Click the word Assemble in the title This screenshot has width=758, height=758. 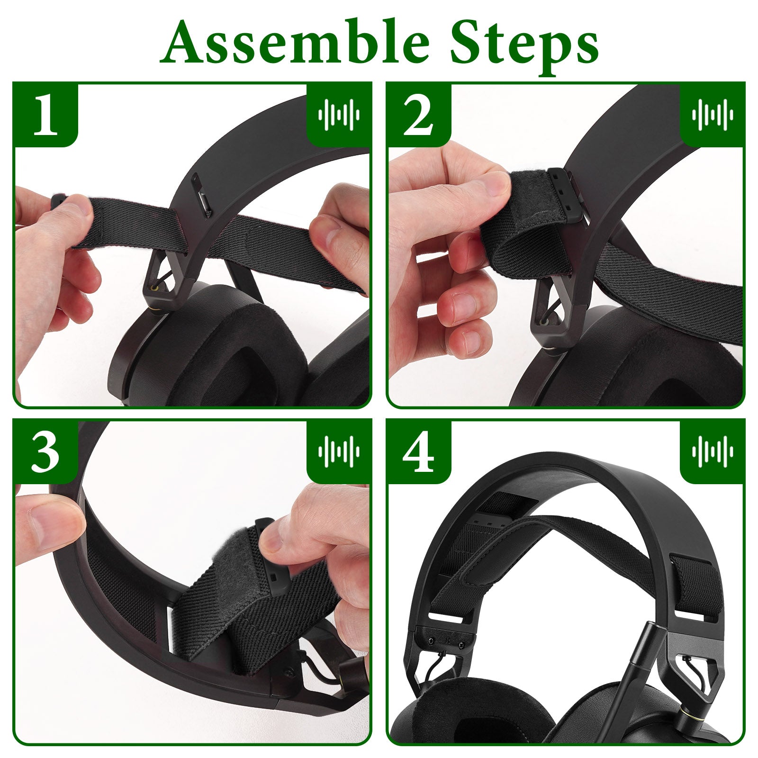click(295, 43)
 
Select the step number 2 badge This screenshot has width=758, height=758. click(418, 114)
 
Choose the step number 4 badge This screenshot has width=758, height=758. click(418, 451)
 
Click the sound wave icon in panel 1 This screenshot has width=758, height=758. click(339, 114)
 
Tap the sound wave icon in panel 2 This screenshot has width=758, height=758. click(712, 114)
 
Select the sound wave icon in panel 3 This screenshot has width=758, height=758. click(339, 451)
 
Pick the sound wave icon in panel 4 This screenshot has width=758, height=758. click(712, 451)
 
